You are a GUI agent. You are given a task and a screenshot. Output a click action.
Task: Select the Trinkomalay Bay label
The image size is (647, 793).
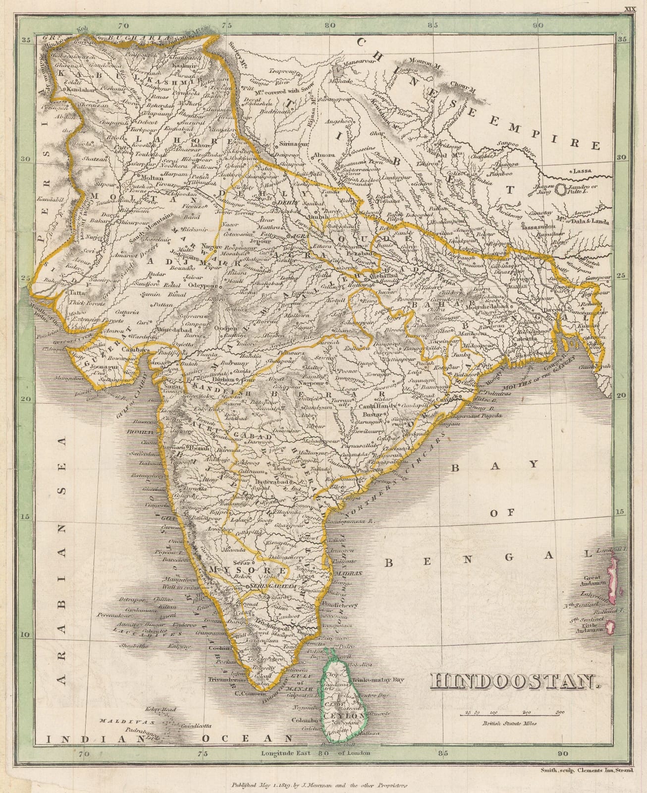(384, 681)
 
